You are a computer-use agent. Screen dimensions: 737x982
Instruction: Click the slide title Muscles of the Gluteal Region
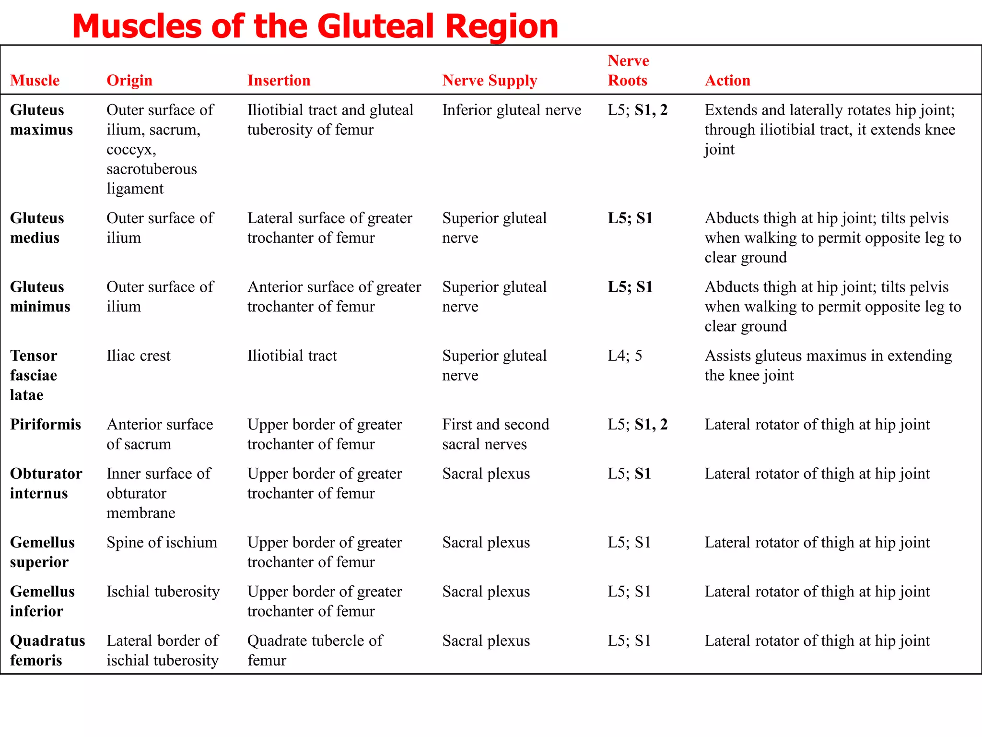coord(315,26)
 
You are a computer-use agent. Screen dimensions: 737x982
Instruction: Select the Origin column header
coord(129,80)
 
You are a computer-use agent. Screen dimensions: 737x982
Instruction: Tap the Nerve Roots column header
coord(628,71)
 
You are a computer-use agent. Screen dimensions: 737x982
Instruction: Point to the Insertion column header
coord(279,80)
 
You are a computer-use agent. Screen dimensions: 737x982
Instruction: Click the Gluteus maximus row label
coord(41,120)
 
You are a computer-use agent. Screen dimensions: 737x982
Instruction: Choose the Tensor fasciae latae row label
coord(34,375)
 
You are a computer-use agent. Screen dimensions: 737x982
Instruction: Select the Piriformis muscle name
coord(46,425)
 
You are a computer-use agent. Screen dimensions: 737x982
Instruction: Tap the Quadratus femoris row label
coord(47,650)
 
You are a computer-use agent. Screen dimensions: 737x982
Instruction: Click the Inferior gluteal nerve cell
coord(512,110)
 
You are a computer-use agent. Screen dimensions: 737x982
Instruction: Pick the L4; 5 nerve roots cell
coord(625,356)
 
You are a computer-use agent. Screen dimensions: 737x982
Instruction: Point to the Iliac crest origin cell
coord(139,356)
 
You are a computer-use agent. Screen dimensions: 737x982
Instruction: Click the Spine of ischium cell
coord(162,543)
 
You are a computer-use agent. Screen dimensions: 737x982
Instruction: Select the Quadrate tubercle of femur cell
coord(315,650)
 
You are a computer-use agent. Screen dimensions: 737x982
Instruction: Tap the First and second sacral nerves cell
coord(495,434)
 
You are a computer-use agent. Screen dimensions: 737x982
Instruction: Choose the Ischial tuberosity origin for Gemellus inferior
coord(163,592)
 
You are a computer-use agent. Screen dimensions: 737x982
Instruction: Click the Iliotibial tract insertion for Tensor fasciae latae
coord(292,356)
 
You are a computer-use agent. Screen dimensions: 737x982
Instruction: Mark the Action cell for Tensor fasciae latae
coord(828,366)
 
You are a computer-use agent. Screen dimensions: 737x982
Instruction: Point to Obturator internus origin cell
coord(158,493)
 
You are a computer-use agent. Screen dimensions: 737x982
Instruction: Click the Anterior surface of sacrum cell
coord(160,434)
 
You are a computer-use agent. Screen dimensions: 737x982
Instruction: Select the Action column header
coord(727,80)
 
